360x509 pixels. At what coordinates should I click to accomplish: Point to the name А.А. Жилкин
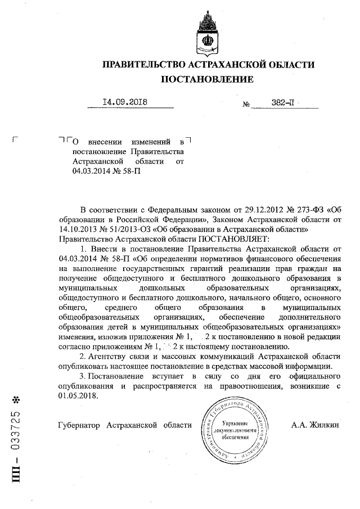316,425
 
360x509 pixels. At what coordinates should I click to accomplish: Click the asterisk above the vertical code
16,400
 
